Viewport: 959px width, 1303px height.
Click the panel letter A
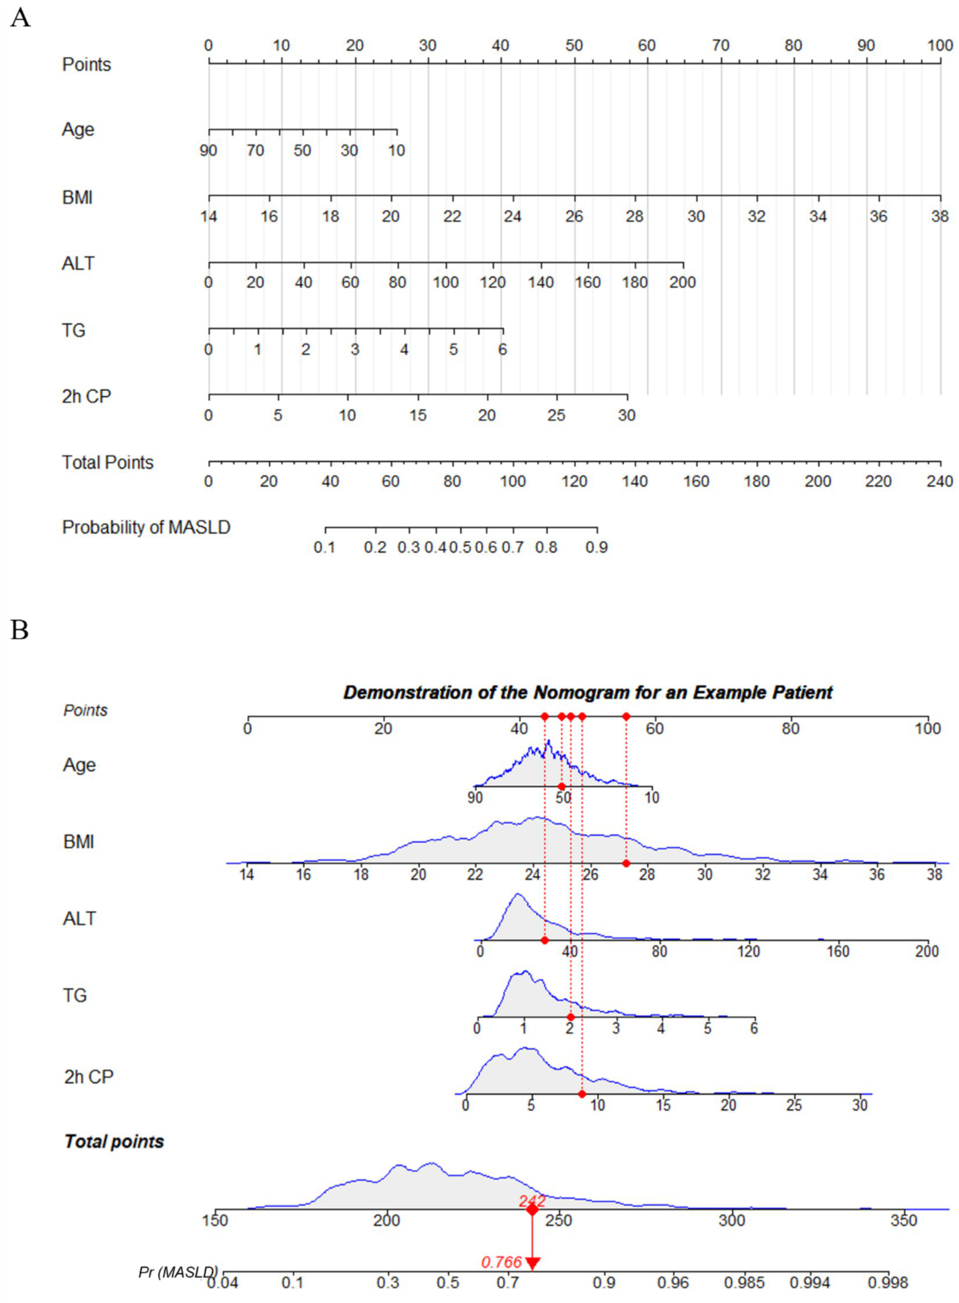coord(20,17)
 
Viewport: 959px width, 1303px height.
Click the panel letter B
coord(19,630)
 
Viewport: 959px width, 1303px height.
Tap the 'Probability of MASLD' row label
coord(146,528)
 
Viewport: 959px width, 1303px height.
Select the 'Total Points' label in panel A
coord(107,462)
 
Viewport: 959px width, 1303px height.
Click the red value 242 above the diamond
coord(532,1201)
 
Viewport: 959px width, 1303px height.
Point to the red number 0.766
coord(501,1262)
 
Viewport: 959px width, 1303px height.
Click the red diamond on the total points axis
coord(532,1210)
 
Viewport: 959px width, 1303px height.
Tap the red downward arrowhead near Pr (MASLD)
coord(532,1264)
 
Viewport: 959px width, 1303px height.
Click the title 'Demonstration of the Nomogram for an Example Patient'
coord(587,692)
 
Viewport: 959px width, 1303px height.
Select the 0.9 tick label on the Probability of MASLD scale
coord(597,547)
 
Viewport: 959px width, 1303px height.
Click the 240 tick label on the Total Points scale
coord(940,481)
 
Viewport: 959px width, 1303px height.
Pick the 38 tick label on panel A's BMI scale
coord(940,216)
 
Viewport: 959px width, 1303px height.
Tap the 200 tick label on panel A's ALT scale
coord(682,282)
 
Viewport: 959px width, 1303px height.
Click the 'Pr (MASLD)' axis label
coord(178,1272)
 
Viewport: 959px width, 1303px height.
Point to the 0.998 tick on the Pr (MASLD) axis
coord(887,1283)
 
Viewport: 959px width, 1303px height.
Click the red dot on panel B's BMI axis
coord(626,863)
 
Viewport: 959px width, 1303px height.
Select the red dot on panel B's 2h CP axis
coord(582,1094)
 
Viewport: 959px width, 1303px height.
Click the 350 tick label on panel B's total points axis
coord(903,1220)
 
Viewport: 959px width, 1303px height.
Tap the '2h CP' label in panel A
coord(86,397)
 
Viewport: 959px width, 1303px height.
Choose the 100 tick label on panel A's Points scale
coord(940,45)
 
